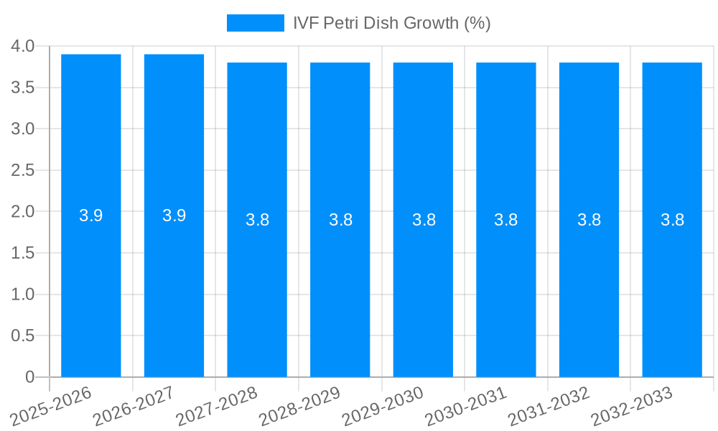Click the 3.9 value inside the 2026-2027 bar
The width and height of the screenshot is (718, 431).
[174, 215]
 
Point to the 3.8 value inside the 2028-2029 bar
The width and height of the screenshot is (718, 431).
[340, 220]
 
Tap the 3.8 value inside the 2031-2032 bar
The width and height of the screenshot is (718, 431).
[589, 220]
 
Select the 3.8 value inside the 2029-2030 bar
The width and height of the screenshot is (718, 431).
[424, 220]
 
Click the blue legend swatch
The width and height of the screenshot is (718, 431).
[255, 23]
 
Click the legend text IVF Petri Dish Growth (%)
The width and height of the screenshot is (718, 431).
[391, 23]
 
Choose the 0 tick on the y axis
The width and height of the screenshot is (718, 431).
[29, 377]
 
